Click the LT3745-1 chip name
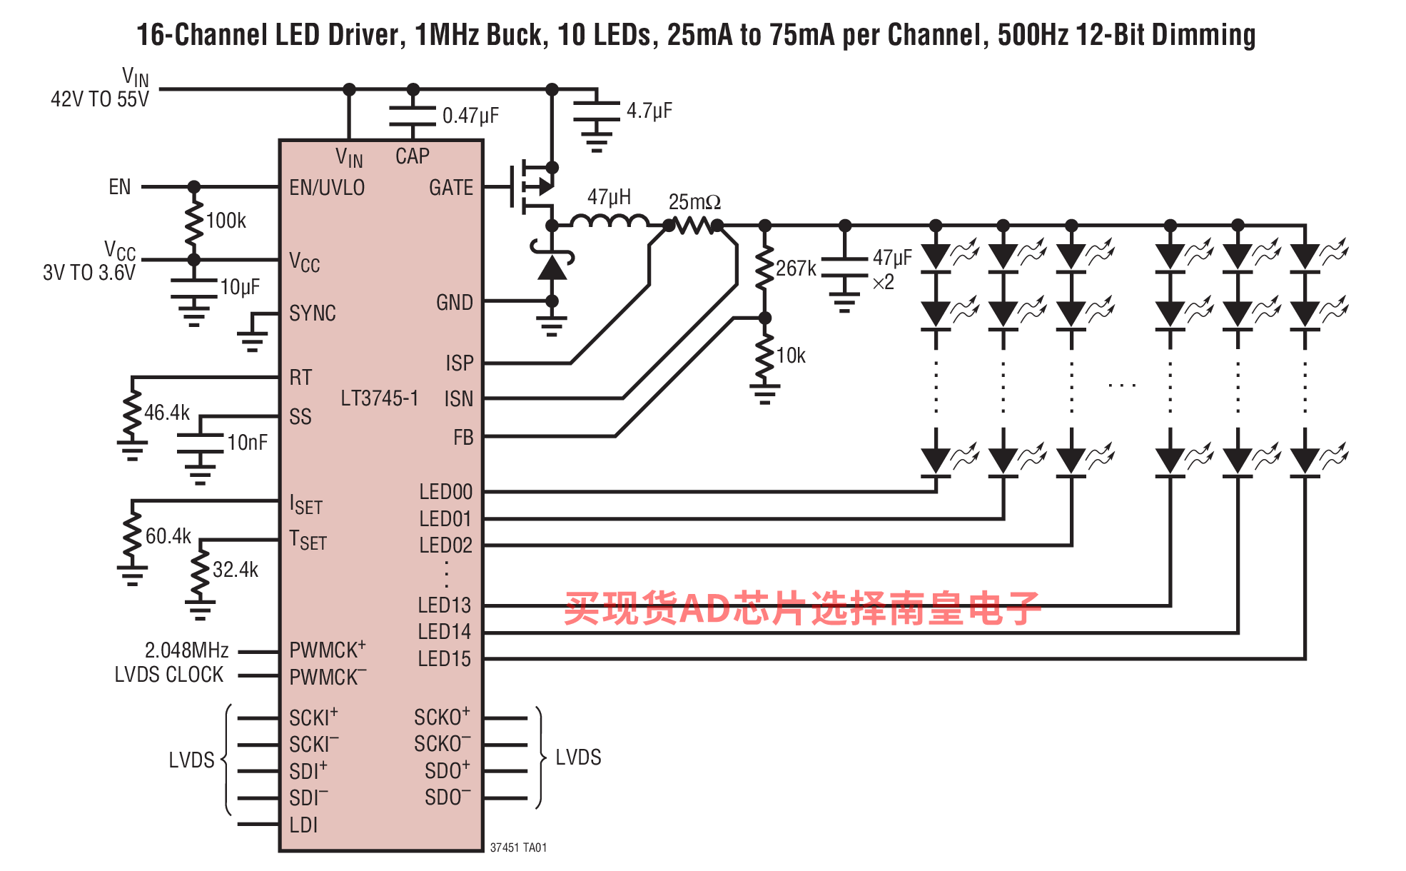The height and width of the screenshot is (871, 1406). (x=379, y=398)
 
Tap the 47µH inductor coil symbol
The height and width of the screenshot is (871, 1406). (x=610, y=221)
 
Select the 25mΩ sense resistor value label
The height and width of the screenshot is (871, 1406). (x=694, y=202)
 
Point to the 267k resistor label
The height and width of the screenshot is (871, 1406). (x=796, y=268)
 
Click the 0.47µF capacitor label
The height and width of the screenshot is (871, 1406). (x=470, y=116)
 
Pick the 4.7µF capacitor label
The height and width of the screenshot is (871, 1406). (x=649, y=111)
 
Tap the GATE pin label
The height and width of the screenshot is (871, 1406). (x=451, y=187)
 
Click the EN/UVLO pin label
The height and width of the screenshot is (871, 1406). (x=327, y=187)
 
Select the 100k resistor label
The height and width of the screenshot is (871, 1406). (x=226, y=221)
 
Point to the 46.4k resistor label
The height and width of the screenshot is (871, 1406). (x=167, y=413)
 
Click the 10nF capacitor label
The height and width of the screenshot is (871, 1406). (x=247, y=443)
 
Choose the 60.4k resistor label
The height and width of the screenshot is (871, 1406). (x=168, y=536)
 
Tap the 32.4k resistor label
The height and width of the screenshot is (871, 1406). (x=236, y=570)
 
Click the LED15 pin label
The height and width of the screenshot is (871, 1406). (x=445, y=658)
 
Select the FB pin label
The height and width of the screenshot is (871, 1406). (x=463, y=437)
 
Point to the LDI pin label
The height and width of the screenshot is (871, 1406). (x=303, y=825)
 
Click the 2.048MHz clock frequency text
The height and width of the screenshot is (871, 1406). (x=187, y=650)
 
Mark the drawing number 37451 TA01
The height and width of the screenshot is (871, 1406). (x=518, y=847)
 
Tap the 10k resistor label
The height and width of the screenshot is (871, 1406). (x=791, y=356)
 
